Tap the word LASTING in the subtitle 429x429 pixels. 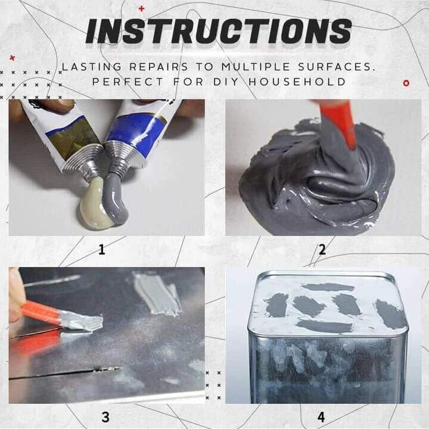click(90, 67)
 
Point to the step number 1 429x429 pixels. click(101, 250)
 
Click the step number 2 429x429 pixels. click(322, 250)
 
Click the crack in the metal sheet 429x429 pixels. click(66, 374)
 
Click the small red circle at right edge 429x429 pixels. click(406, 83)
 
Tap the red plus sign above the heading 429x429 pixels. click(141, 8)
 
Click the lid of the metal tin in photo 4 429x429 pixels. click(328, 304)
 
